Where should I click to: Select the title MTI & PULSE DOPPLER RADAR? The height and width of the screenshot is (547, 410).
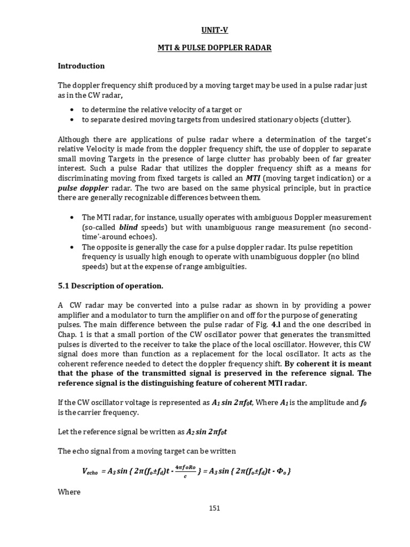coord(214,48)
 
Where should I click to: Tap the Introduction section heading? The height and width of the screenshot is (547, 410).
coord(81,66)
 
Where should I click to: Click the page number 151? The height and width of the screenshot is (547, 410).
coord(214,508)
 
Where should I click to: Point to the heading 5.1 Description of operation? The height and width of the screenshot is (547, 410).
coord(110,286)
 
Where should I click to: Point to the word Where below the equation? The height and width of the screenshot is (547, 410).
coord(69,491)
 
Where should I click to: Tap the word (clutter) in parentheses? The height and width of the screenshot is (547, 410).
coord(334,120)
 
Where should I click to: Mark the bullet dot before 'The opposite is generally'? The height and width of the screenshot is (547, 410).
coord(72,248)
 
